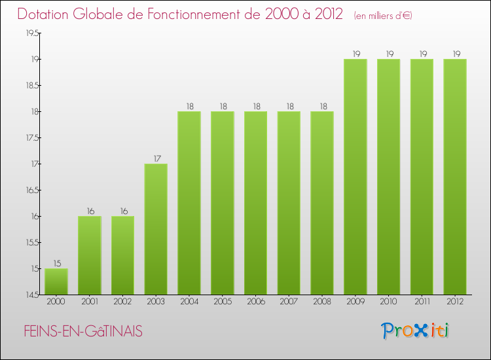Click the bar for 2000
point(56,281)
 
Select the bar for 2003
point(156,229)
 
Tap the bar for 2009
point(355,177)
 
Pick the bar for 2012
point(455,177)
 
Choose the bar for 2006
point(255,203)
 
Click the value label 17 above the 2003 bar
point(156,158)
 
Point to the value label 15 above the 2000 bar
point(56,263)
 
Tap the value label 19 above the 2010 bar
point(389,54)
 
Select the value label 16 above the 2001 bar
point(90,211)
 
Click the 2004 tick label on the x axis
point(189,302)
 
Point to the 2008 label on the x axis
point(322,302)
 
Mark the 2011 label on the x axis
point(422,302)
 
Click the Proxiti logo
point(416,331)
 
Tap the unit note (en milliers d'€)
point(383,15)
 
